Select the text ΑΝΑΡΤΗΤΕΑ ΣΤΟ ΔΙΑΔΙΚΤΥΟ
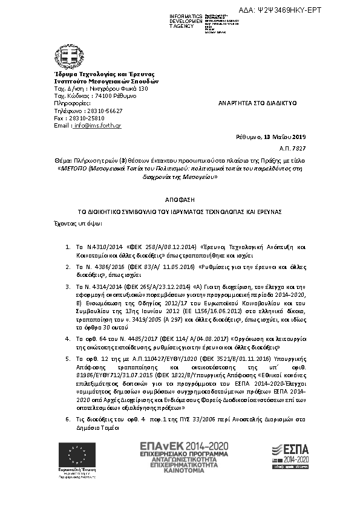point(257,104)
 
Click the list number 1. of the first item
point(68,248)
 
